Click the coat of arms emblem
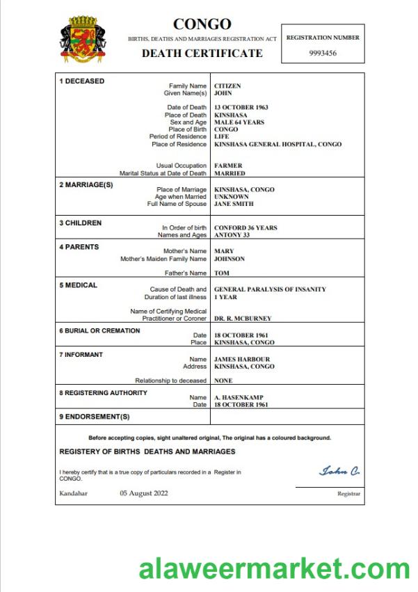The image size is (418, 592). coord(83,41)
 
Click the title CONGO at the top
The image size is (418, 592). coord(202,25)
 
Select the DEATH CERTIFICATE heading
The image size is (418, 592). coord(202,53)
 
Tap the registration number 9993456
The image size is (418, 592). coord(323,53)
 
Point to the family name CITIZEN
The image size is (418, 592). coord(227,86)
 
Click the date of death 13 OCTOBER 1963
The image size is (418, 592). coord(241,107)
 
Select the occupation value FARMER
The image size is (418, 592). coord(228,166)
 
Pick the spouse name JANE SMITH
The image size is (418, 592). coord(234,204)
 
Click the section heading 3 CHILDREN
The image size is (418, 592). coord(81,223)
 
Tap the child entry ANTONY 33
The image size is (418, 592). coord(231,235)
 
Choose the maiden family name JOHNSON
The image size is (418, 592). coord(230,259)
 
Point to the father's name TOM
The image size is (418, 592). coord(221,273)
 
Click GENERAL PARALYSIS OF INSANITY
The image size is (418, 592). coord(270,289)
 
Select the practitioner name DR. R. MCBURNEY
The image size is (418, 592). coord(243,319)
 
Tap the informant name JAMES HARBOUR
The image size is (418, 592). coord(242,359)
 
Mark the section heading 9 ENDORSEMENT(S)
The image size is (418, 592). coord(95,417)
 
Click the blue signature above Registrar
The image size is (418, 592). coord(339,472)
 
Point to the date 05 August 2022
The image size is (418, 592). coord(143,493)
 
